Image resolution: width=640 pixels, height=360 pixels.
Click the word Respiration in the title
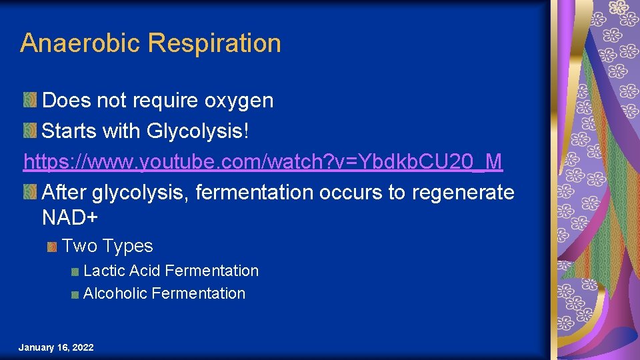pos(214,43)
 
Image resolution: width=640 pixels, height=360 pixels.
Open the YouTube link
pos(263,161)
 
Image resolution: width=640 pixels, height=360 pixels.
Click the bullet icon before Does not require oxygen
pos(30,101)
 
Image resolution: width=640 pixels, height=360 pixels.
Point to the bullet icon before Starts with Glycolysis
pos(30,131)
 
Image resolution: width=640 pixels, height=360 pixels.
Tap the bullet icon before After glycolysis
pos(30,193)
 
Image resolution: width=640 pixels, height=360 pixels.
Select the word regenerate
pos(463,193)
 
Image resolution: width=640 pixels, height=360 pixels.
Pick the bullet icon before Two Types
pos(52,247)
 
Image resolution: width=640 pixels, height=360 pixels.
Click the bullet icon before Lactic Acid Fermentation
pos(76,271)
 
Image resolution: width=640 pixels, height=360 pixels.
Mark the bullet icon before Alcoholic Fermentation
pos(76,294)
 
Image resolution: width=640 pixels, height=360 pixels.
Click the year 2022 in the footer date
pos(83,348)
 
